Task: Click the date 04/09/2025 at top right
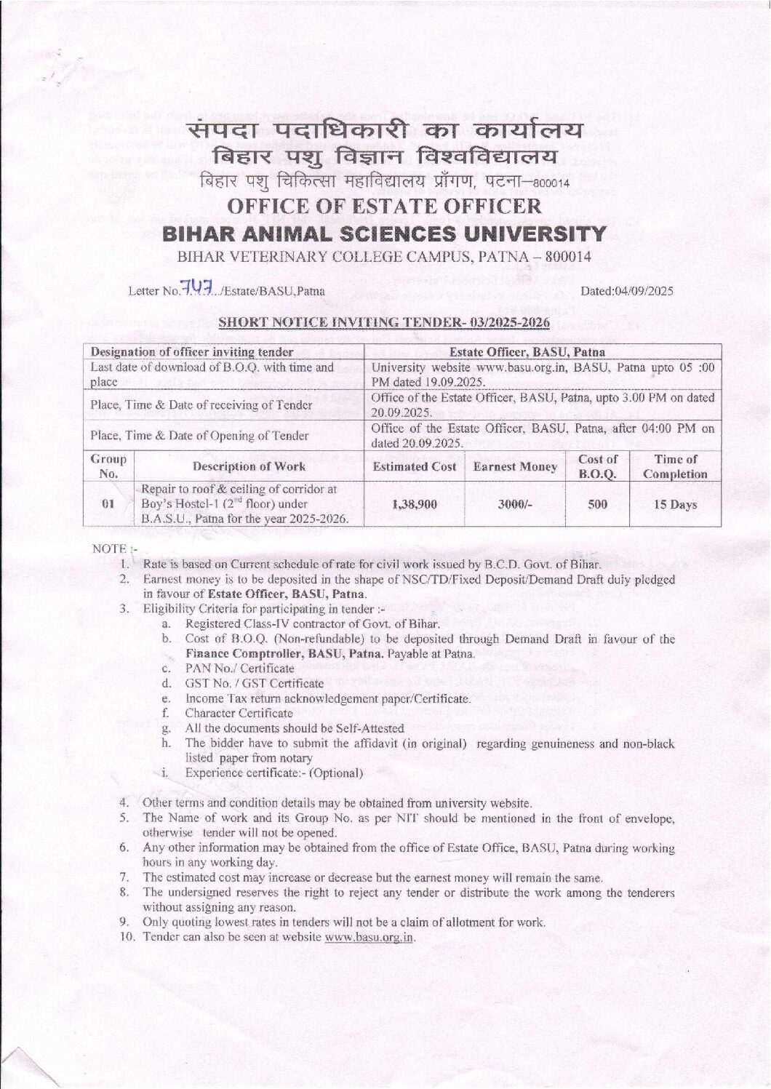(x=627, y=291)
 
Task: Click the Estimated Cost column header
(x=415, y=467)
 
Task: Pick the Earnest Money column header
(x=515, y=467)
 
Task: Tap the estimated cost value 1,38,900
(x=415, y=504)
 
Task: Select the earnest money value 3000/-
(x=515, y=504)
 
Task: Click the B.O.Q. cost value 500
(x=597, y=504)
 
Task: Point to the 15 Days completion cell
(x=675, y=504)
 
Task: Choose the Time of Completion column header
(x=675, y=467)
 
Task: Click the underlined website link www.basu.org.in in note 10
(x=369, y=937)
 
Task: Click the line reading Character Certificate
(x=239, y=713)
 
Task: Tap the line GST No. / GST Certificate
(x=254, y=683)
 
